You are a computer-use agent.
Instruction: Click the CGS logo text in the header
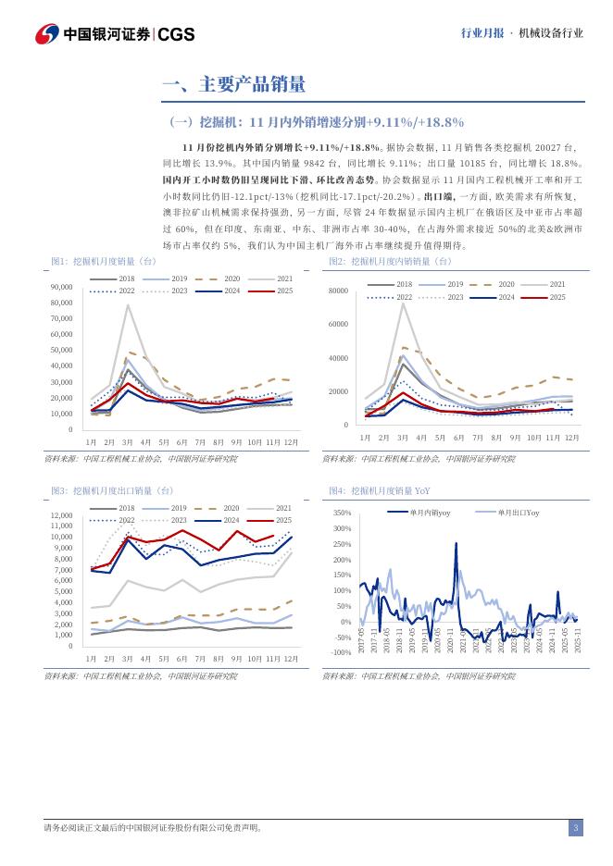176,33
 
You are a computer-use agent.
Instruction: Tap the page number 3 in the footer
575,827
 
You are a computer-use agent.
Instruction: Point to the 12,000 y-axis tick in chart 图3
61,515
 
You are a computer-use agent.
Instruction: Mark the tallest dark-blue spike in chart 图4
456,543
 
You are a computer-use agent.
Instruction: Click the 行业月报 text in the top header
482,33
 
